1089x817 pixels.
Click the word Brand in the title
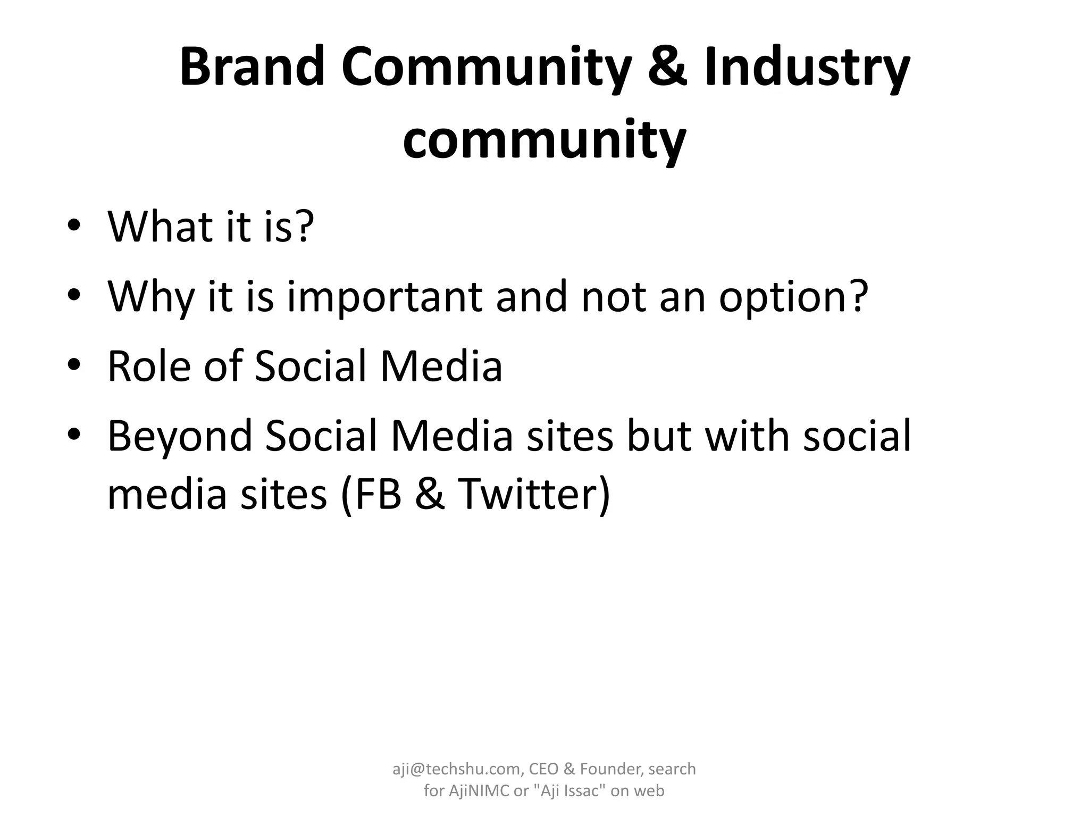point(252,68)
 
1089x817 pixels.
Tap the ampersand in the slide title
point(667,68)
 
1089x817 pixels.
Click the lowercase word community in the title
point(544,139)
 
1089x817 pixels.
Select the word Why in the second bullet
point(150,296)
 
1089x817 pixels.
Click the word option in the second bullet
point(793,296)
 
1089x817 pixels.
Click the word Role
point(149,366)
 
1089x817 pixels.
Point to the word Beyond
point(180,436)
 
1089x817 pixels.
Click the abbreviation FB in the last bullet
point(371,494)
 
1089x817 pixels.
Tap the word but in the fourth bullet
point(659,436)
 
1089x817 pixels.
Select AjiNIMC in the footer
point(479,791)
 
